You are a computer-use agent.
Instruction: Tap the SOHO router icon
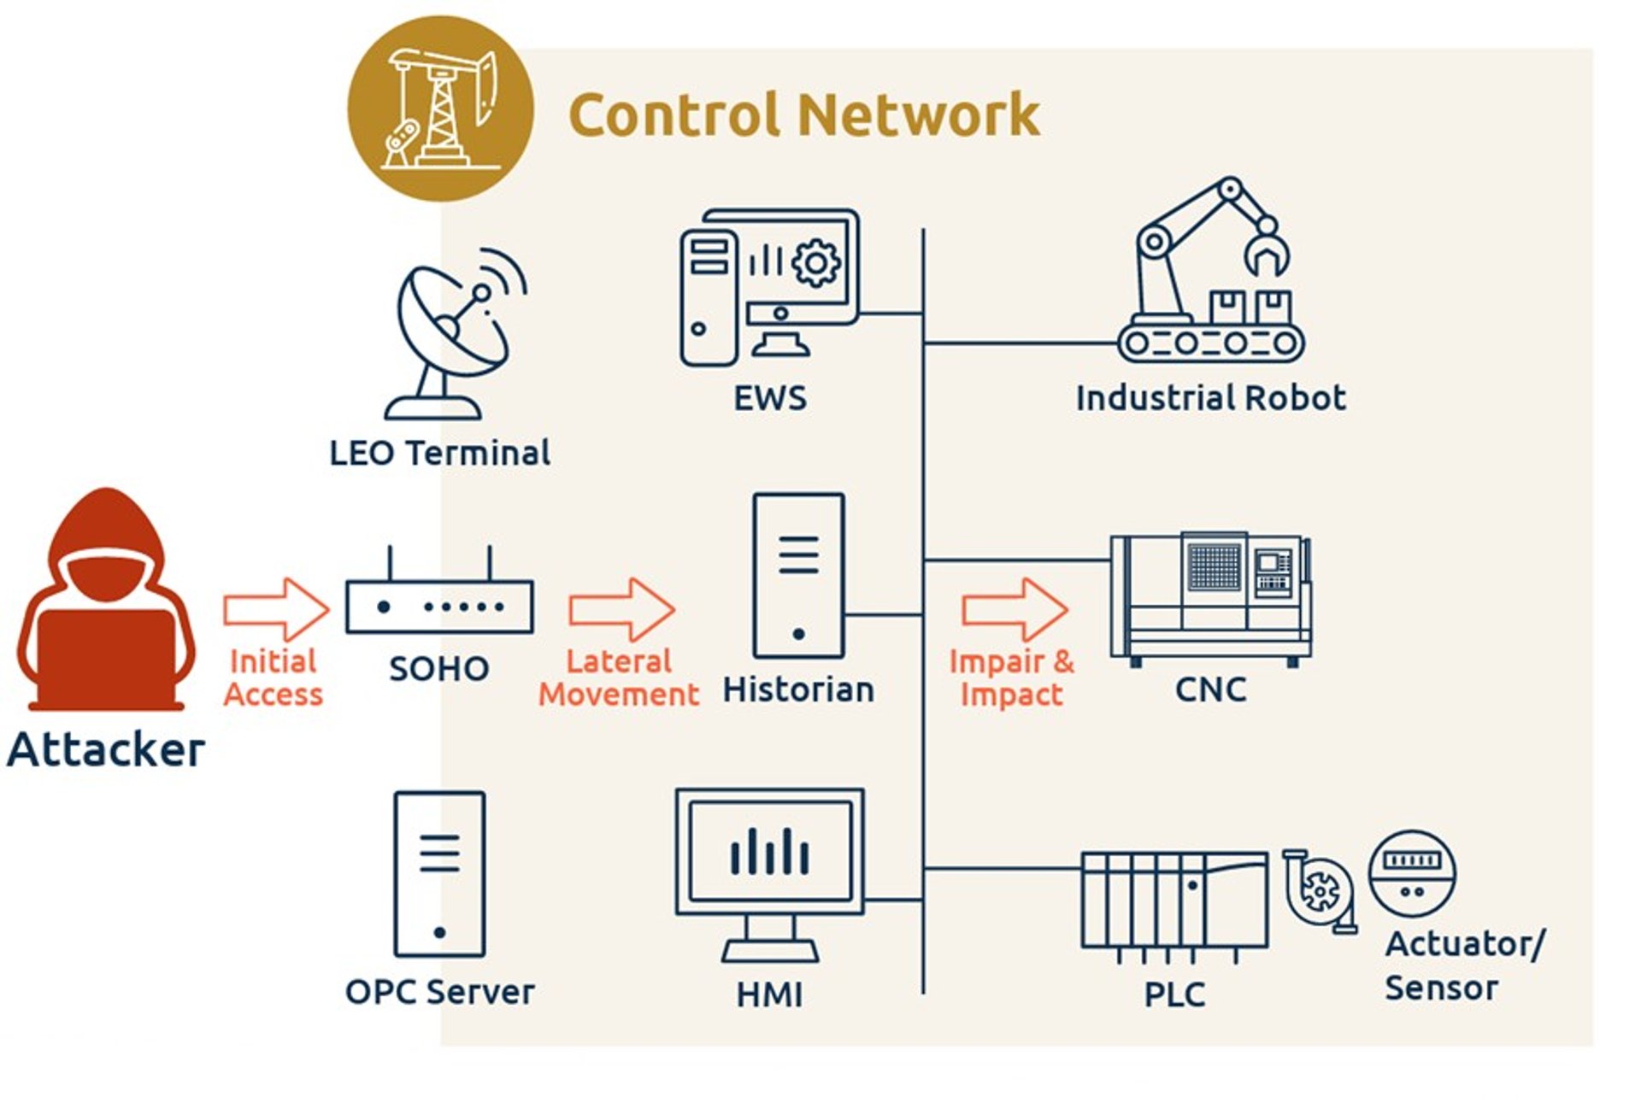pyautogui.click(x=439, y=603)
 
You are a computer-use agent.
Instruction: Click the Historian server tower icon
pyautogui.click(x=798, y=576)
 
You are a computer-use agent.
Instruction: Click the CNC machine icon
pyautogui.click(x=1209, y=598)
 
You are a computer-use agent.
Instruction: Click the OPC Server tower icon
pyautogui.click(x=439, y=874)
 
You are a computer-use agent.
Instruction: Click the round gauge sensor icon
pyautogui.click(x=1412, y=874)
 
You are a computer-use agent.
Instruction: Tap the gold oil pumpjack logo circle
pyautogui.click(x=440, y=109)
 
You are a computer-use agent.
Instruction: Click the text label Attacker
pyautogui.click(x=106, y=749)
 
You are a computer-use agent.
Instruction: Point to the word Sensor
pyautogui.click(x=1441, y=988)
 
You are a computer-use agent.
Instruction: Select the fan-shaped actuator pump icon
pyautogui.click(x=1320, y=891)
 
